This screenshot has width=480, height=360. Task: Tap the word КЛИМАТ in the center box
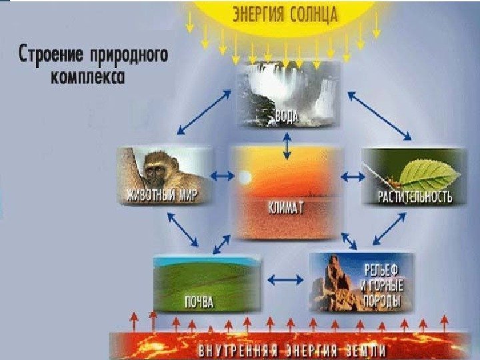287,208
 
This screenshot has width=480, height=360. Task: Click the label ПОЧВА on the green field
199,302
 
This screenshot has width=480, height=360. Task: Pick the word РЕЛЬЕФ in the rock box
381,272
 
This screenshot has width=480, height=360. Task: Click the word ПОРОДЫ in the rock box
381,301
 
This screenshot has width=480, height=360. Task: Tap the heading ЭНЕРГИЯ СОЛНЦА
285,13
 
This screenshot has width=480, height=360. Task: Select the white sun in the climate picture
244,178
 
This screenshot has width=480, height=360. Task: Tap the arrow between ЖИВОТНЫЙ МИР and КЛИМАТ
223,177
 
